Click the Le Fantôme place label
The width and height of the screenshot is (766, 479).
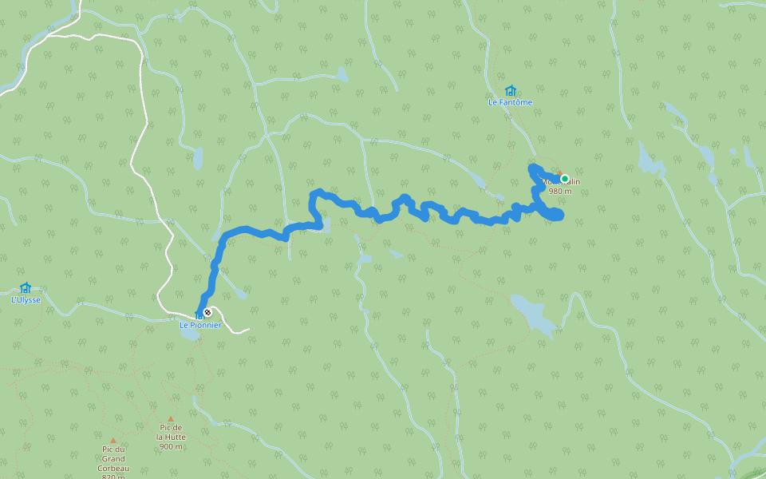click(x=510, y=102)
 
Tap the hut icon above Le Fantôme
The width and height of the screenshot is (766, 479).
click(x=510, y=90)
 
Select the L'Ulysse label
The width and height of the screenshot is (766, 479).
click(x=26, y=300)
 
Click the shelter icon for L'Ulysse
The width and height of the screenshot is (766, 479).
click(x=26, y=288)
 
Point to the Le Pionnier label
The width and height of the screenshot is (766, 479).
click(x=199, y=325)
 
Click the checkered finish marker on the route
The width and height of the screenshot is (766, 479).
click(x=207, y=312)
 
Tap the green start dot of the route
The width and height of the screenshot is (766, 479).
click(x=564, y=178)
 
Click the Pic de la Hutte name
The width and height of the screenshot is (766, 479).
click(x=170, y=432)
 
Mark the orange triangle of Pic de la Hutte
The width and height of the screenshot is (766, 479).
click(x=170, y=418)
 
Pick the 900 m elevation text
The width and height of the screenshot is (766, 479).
click(x=170, y=446)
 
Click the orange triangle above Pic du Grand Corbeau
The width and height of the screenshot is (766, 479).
click(x=113, y=440)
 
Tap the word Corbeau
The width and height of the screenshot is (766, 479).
click(x=113, y=468)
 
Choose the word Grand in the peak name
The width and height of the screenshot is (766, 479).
click(x=113, y=458)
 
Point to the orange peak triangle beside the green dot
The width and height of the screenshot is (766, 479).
click(x=559, y=170)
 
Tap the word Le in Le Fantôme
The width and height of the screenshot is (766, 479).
click(x=494, y=102)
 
